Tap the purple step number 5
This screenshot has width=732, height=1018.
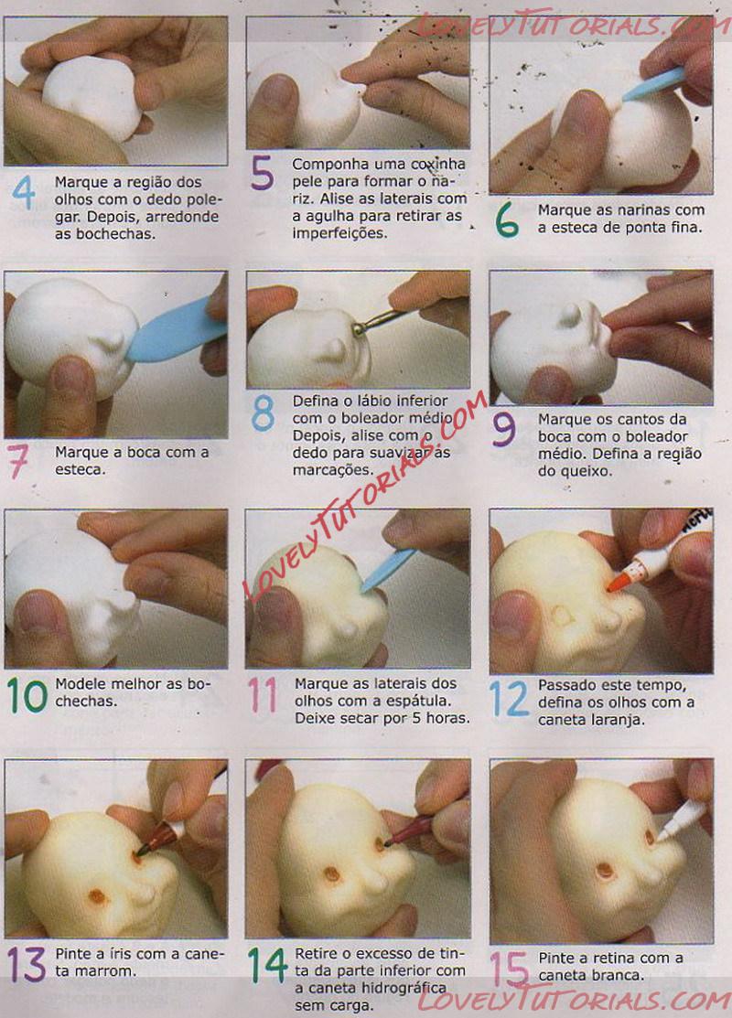(263, 172)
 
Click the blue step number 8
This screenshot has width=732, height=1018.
(263, 414)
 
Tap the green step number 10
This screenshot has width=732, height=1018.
(27, 695)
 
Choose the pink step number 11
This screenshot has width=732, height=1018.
(263, 695)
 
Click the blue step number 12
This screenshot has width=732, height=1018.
(510, 699)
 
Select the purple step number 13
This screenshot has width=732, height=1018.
(27, 964)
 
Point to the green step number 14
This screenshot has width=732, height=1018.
(267, 966)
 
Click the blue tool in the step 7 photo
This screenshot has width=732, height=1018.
(174, 332)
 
